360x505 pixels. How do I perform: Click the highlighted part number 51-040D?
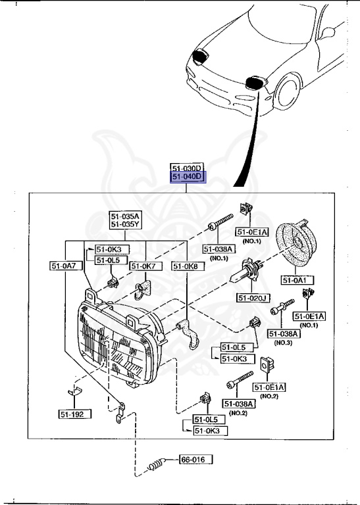[x=188, y=178]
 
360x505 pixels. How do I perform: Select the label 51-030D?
[x=188, y=168]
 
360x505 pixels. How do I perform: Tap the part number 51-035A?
[x=125, y=215]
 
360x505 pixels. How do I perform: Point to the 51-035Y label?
[x=125, y=224]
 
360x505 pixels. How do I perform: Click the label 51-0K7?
[x=142, y=266]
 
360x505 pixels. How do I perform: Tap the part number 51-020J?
[x=253, y=298]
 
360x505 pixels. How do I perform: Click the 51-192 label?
[x=74, y=414]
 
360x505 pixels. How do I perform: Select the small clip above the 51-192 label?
[x=74, y=393]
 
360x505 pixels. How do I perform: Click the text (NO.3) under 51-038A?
[x=284, y=344]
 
